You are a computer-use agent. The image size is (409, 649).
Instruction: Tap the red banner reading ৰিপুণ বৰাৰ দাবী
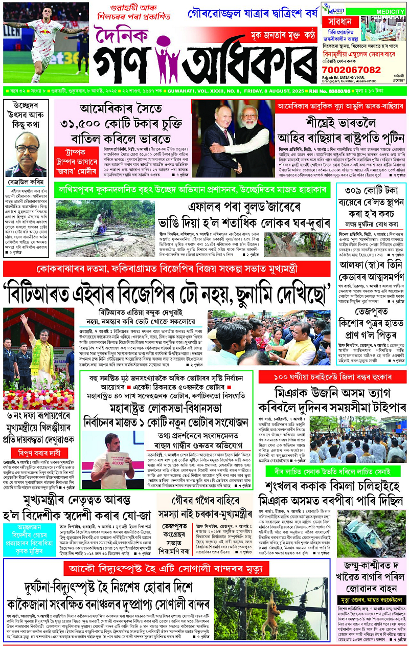40,453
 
